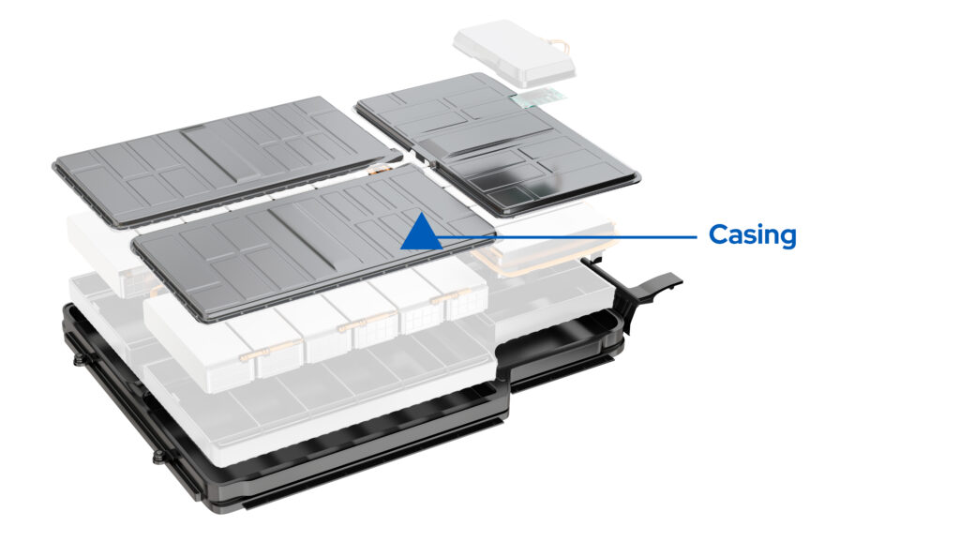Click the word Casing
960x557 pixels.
pyautogui.click(x=752, y=234)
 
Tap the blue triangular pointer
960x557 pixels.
pyautogui.click(x=421, y=232)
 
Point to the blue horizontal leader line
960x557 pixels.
pyautogui.click(x=581, y=236)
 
